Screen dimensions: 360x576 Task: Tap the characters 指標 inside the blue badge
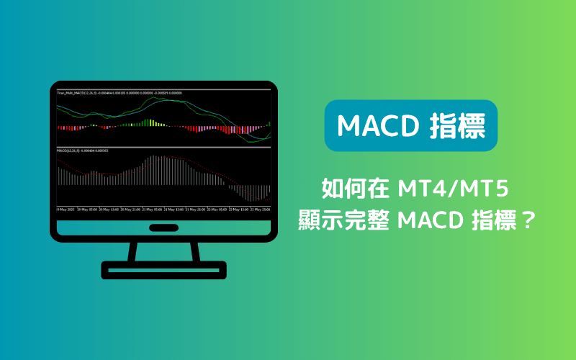coord(456,126)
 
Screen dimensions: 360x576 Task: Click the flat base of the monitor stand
coord(164,271)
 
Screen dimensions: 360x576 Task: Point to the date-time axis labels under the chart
coord(164,210)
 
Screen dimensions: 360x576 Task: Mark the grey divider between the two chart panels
coord(164,146)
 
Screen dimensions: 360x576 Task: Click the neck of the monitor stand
coord(164,251)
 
